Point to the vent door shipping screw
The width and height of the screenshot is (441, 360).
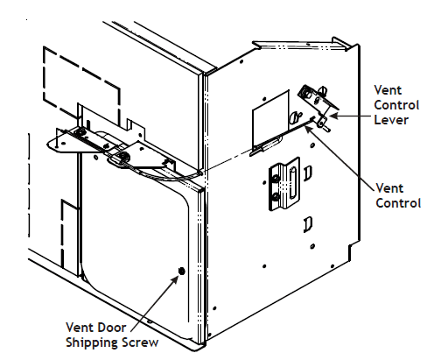point(181,272)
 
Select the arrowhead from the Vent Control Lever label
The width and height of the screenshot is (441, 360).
point(333,116)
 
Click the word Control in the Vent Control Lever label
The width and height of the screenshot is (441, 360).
point(395,104)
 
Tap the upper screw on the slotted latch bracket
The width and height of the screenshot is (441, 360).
point(276,178)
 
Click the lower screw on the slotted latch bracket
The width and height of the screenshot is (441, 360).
point(276,199)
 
